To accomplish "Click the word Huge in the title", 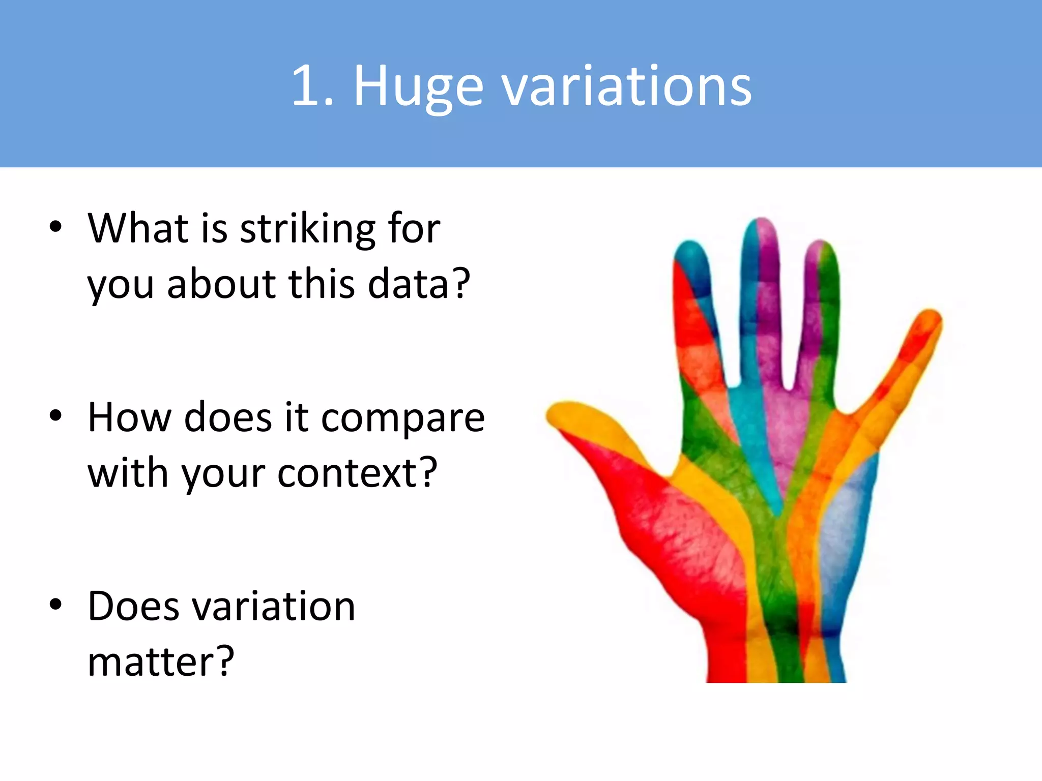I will click(417, 86).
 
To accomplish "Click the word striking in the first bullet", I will click(307, 229).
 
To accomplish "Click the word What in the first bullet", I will click(138, 229).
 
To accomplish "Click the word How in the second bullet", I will click(130, 418).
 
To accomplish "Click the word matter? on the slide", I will click(161, 662).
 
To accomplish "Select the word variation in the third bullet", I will click(273, 607).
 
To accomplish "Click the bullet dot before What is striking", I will click(55, 227).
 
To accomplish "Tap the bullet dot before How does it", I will click(55, 416).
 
